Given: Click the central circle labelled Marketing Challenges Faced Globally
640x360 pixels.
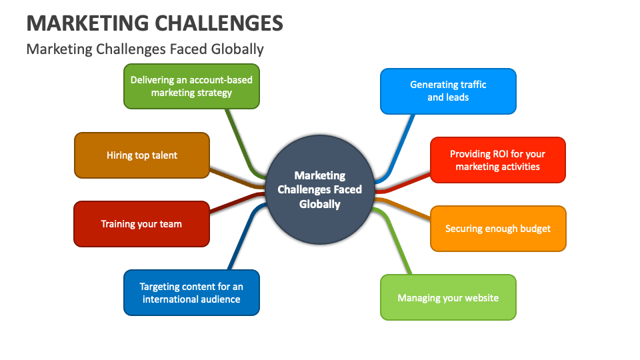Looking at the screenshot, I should coord(320,189).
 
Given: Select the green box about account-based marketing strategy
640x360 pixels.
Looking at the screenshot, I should coord(191,86).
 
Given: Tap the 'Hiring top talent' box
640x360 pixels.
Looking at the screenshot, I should coord(142,155).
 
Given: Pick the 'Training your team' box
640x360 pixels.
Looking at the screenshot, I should coord(141,224).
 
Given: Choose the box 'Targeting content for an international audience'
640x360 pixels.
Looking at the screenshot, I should coord(191,293).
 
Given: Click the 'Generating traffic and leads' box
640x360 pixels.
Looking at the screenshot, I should coord(448,91).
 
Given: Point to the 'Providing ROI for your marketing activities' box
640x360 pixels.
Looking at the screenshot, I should coord(497,160).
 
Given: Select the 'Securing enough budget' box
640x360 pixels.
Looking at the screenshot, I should coord(498,229).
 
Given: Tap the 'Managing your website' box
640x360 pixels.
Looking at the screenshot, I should coord(448,297).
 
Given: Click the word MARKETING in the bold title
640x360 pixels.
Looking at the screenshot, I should coord(87,23).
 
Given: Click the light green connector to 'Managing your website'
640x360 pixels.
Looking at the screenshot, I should coord(397,243).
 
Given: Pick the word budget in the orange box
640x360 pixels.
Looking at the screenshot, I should coord(535,229).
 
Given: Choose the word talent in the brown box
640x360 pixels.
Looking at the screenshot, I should coord(163,155).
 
